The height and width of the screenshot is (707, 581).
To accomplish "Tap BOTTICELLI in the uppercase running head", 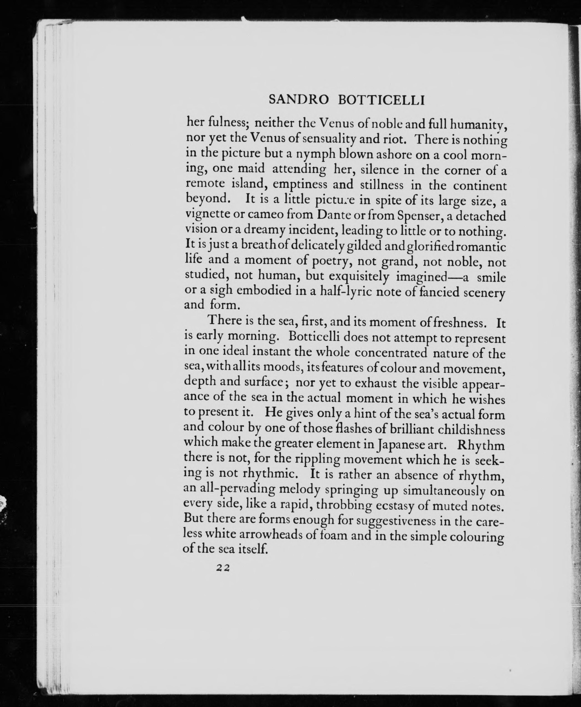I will coord(381,100).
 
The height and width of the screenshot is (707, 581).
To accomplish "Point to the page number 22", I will coord(222,567).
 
